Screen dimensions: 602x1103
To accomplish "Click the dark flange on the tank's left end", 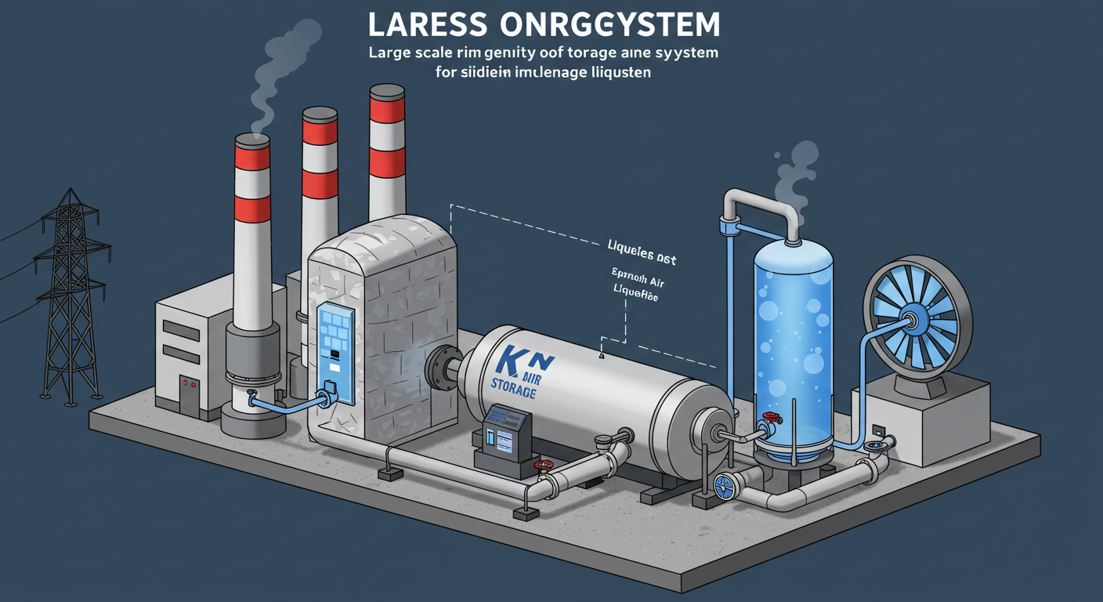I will coord(439,368).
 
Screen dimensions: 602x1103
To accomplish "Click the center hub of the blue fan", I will coord(911,320).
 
